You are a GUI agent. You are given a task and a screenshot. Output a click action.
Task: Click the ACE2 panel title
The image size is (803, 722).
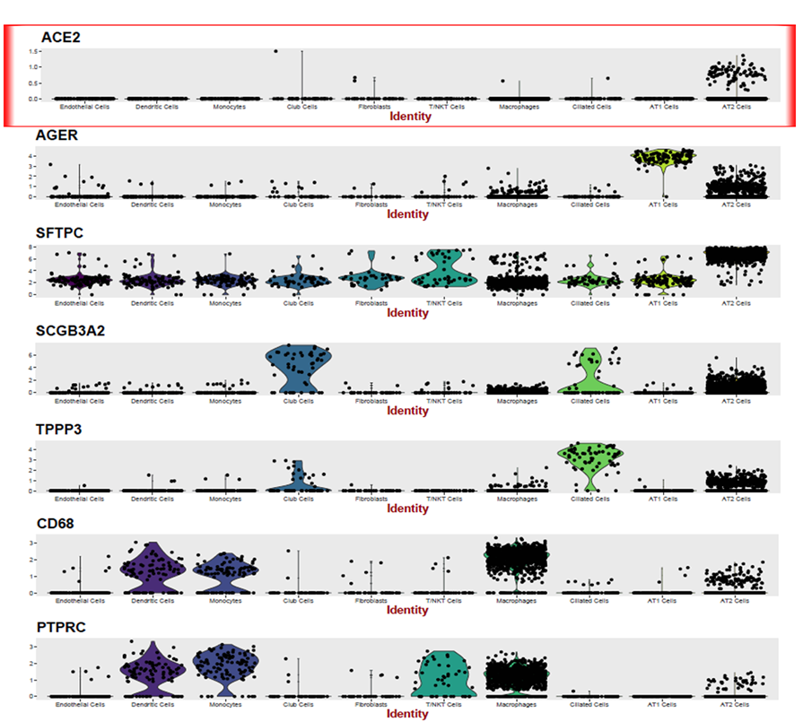pos(60,37)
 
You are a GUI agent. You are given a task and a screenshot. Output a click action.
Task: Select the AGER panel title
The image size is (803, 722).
pos(60,135)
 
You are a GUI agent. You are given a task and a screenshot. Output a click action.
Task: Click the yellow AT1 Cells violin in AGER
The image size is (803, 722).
pos(663,159)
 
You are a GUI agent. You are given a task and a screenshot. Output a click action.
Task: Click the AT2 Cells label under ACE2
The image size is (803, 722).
pos(737,107)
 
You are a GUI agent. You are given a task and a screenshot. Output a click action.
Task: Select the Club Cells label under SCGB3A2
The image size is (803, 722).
pos(301,401)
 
